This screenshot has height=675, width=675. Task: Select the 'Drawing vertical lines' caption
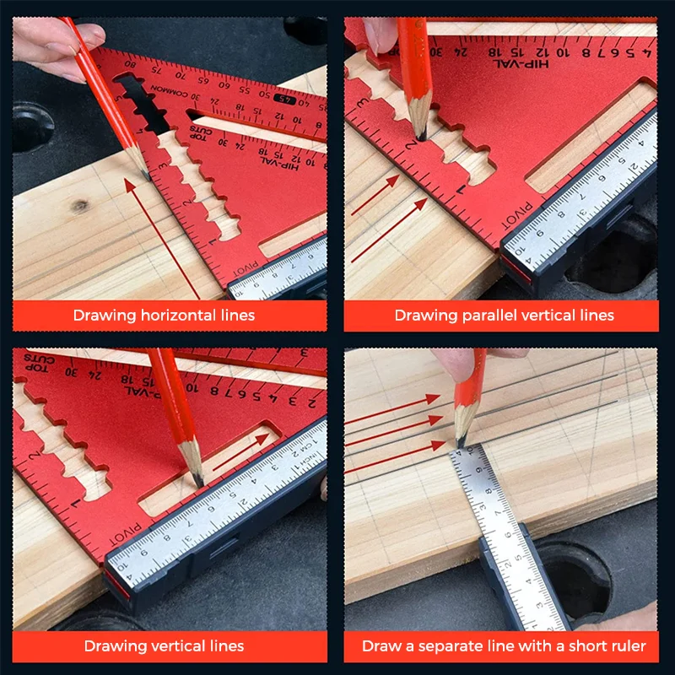pyautogui.click(x=164, y=646)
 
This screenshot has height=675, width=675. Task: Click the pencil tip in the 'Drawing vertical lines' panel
pyautogui.click(x=196, y=482)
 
